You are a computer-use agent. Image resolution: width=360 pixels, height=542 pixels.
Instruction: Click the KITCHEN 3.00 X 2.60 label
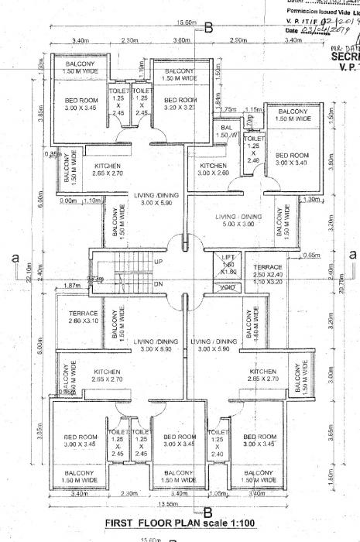213,170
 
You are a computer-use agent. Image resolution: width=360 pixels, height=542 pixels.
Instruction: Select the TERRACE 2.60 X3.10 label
76,317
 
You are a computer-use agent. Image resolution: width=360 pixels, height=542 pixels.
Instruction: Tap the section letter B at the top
208,29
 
